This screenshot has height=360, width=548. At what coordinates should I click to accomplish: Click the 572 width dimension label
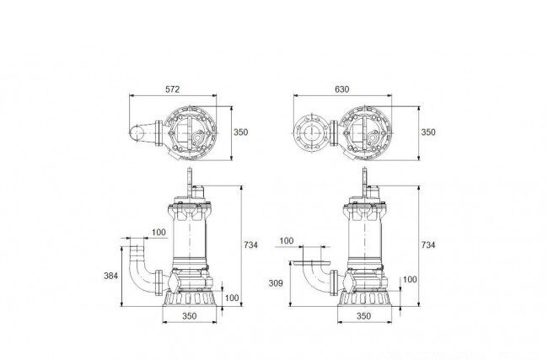tap(172, 89)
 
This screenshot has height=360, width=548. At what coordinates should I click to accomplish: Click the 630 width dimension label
tap(341, 89)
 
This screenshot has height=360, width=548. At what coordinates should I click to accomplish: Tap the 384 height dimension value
tap(110, 276)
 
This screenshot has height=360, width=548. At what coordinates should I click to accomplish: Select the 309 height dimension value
tap(276, 283)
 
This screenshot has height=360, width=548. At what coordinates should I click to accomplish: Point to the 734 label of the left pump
tap(251, 245)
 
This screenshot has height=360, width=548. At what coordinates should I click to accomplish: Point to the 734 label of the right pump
tap(428, 245)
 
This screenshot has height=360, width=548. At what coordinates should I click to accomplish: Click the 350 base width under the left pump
tap(190, 316)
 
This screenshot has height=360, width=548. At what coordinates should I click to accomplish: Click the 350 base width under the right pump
tap(363, 316)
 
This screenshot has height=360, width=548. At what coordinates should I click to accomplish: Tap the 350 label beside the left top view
tap(241, 132)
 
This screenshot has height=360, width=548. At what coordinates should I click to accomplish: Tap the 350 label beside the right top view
tap(428, 132)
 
